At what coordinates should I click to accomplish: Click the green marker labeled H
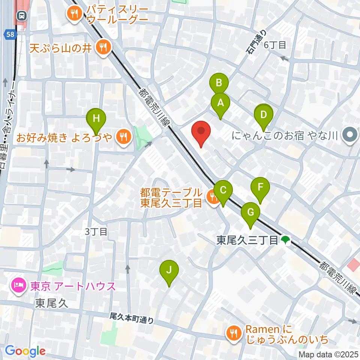(x=96, y=119)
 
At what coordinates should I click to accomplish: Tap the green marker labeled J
(x=169, y=270)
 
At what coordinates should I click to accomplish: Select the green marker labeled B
(x=219, y=82)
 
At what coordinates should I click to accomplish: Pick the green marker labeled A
(x=220, y=103)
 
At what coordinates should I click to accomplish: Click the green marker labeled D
(x=264, y=115)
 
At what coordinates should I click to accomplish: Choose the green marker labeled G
(x=250, y=212)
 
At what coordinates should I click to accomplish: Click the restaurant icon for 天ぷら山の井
(x=102, y=47)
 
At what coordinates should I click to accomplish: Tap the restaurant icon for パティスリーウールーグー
(x=72, y=14)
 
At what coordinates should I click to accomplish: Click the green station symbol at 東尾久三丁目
(x=286, y=240)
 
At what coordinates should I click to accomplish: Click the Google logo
(x=25, y=351)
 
